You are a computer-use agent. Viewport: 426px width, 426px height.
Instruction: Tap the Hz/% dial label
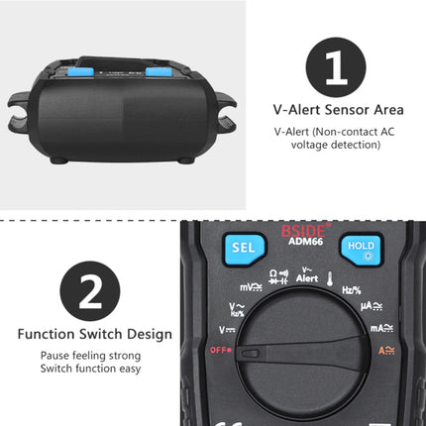point(351,289)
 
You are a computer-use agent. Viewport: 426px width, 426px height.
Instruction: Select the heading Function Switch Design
point(90,334)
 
